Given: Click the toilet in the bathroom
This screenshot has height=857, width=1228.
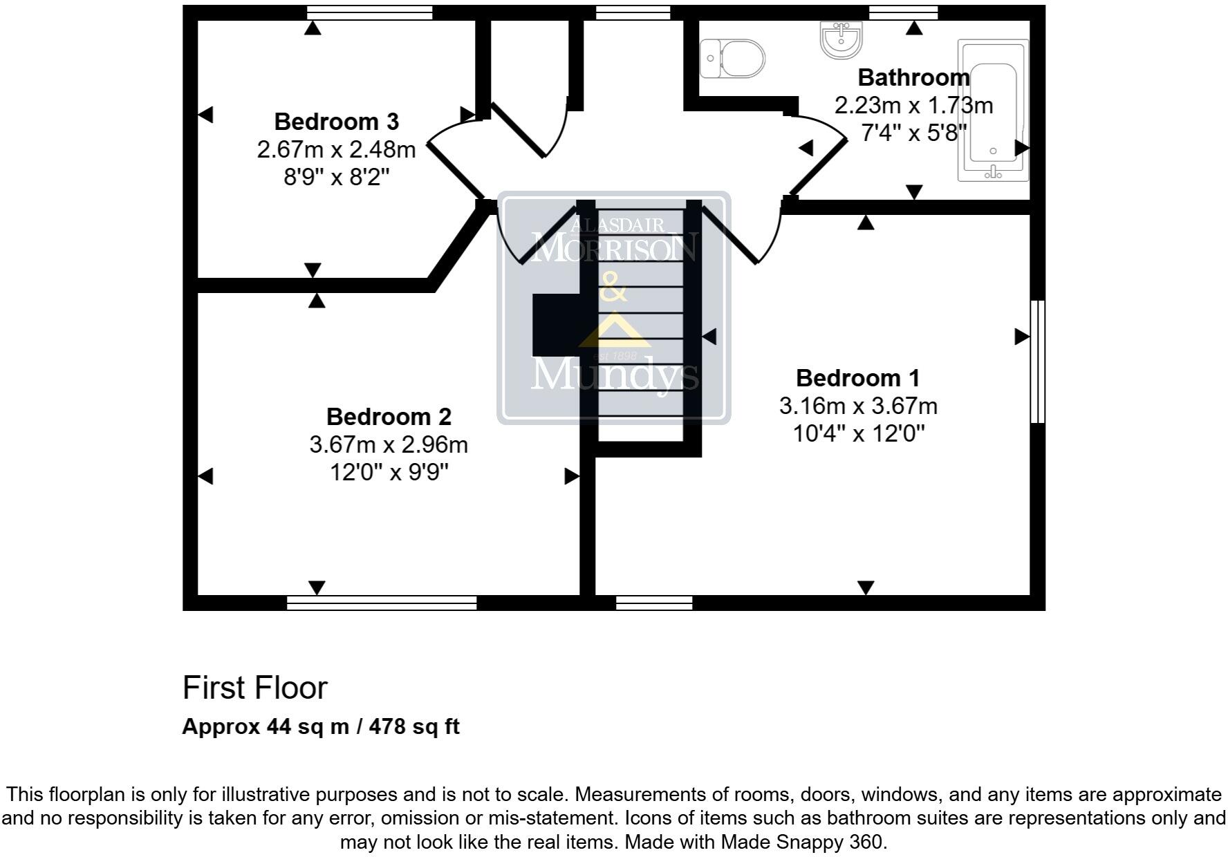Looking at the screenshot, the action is pos(733,58).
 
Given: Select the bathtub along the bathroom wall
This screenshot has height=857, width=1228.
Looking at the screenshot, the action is pos(993,111).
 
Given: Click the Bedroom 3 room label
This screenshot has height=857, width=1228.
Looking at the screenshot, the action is pos(336,122).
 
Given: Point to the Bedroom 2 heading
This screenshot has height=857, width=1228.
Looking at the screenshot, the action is pos(389,417).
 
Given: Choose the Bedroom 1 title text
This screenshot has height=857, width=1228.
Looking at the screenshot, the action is pos(857,378).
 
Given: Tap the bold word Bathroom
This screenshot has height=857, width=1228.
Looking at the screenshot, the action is pos(913,77).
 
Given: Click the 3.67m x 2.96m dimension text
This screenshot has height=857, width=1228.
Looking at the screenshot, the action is pos(389,444).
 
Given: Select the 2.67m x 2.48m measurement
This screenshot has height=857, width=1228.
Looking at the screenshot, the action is pos(336,149).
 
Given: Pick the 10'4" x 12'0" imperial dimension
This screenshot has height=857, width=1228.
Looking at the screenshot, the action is pos(858,434).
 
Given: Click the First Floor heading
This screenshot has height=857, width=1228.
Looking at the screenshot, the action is pos(254,688).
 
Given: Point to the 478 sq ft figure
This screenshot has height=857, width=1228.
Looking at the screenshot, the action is pos(414,726).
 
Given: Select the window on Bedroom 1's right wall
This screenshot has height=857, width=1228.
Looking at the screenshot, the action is pos(1037,361).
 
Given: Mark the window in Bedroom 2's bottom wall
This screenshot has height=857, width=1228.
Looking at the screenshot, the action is pos(382,603).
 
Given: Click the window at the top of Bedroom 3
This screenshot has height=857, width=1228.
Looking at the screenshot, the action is pos(369,12).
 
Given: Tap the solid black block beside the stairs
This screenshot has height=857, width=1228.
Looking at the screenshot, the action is pos(555,324).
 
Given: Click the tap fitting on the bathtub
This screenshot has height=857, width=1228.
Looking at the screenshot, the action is pos(993,172).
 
